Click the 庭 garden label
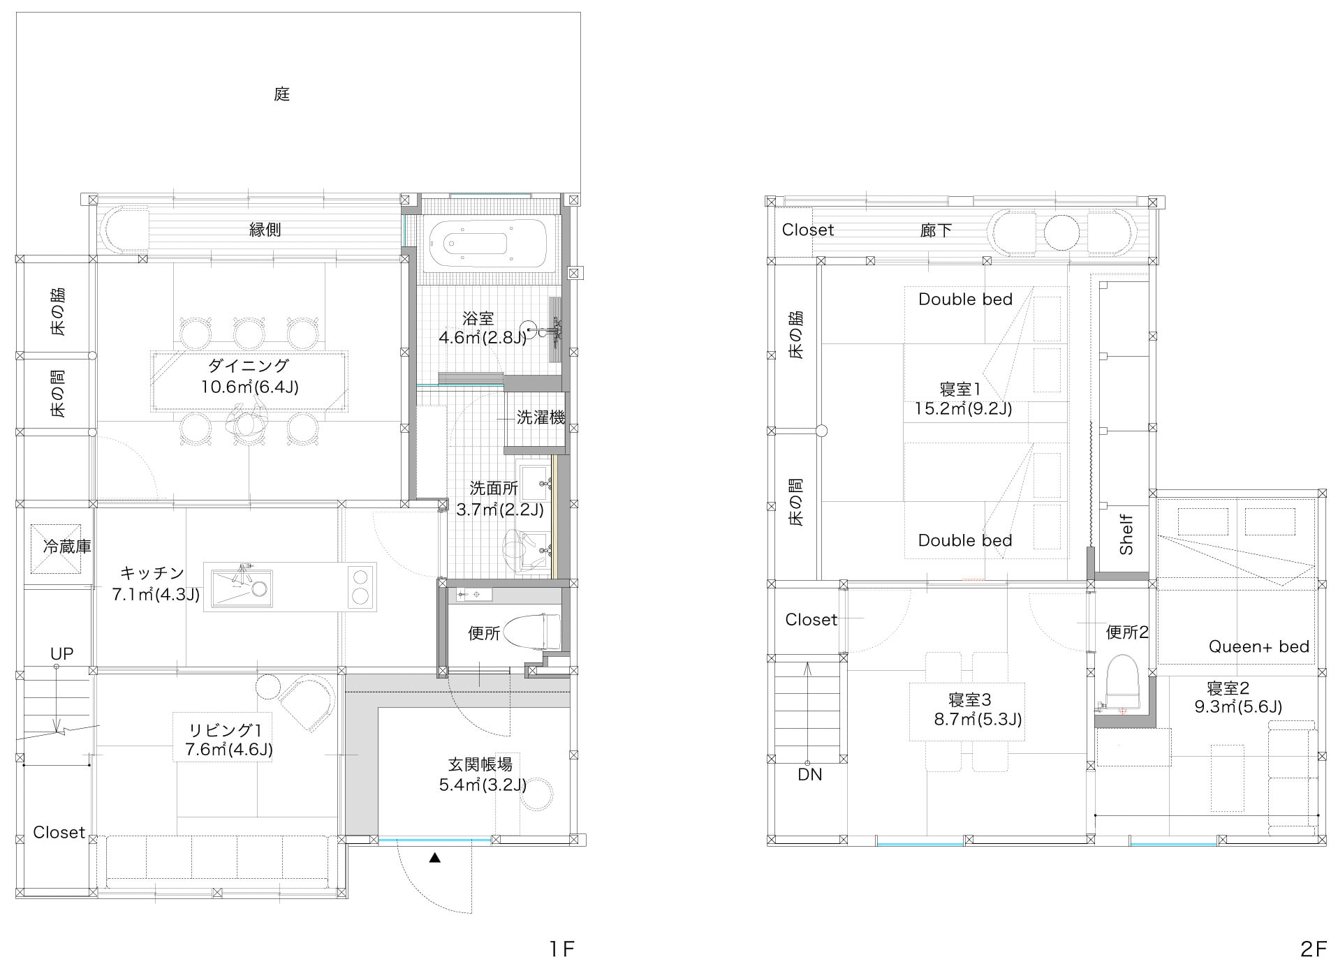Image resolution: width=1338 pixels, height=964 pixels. (281, 94)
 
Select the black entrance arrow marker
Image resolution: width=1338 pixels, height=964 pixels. (434, 858)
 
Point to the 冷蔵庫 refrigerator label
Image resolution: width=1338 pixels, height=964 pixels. (67, 546)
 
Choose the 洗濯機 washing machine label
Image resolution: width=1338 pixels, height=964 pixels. (541, 417)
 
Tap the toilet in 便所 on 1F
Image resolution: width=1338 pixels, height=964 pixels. (533, 631)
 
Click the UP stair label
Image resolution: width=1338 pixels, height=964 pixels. (61, 654)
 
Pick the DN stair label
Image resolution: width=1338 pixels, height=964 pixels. (810, 774)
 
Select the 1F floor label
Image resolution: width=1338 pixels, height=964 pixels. (561, 949)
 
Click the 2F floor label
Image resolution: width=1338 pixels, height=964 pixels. (1313, 949)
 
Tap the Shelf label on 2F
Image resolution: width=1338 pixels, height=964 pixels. (1126, 535)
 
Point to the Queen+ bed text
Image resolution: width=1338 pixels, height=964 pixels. (1258, 646)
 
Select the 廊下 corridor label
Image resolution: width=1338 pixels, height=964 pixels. (936, 230)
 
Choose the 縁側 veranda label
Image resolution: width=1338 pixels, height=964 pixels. (265, 229)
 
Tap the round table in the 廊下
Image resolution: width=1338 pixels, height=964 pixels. (1061, 232)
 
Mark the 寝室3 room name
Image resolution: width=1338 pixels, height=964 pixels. (970, 699)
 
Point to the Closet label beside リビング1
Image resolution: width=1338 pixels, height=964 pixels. (59, 832)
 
